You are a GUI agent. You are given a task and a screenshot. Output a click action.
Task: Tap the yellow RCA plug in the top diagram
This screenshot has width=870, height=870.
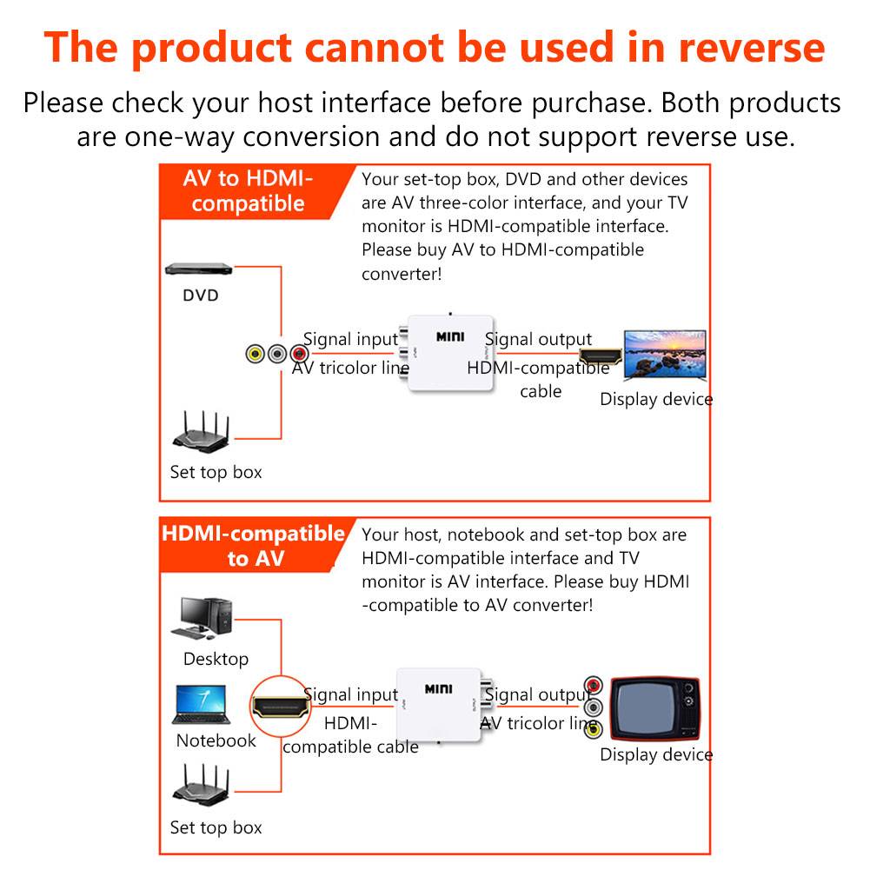coord(255,355)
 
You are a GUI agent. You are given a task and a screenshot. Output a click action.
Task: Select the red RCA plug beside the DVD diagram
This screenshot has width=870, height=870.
coord(299,355)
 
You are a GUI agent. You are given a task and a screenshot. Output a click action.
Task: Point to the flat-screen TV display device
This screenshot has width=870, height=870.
coord(666,354)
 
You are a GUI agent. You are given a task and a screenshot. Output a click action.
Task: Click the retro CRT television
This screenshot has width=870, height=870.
coord(654,707)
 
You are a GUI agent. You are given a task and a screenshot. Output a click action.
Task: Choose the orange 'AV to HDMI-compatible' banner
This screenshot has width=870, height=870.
coord(248,191)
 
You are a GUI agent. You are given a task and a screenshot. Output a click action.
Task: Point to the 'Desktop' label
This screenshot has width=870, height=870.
coord(216,660)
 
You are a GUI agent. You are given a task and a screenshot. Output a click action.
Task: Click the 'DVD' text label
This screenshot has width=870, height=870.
coord(200,296)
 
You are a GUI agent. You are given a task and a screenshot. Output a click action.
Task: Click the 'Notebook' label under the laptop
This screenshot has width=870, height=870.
coord(216,741)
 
